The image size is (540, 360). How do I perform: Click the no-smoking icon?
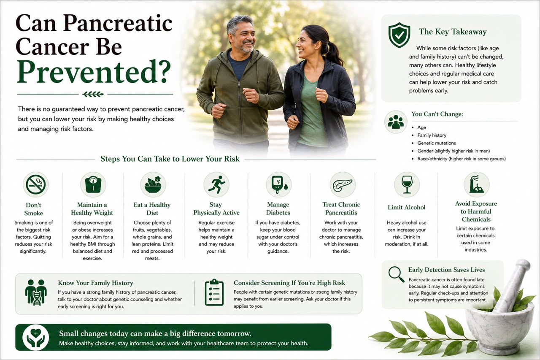[36, 185]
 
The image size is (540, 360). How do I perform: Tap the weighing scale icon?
[93, 185]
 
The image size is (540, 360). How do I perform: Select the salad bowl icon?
[153, 185]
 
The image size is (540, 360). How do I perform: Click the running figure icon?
[216, 185]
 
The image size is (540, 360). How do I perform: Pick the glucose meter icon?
[279, 185]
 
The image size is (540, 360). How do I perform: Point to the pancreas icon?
[343, 185]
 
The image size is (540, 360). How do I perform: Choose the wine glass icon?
[407, 185]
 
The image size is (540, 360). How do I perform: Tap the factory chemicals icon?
[477, 185]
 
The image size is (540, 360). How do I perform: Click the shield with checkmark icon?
[399, 35]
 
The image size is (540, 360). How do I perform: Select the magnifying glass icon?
[396, 274]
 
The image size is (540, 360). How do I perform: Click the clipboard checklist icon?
[214, 292]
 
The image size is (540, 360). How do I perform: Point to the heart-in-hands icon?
[36, 337]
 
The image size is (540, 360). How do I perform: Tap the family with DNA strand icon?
[36, 292]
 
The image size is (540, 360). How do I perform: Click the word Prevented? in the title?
[94, 72]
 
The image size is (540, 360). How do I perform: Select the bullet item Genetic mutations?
[437, 143]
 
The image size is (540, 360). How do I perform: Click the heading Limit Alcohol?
[406, 207]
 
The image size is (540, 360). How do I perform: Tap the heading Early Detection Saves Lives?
[446, 270]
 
